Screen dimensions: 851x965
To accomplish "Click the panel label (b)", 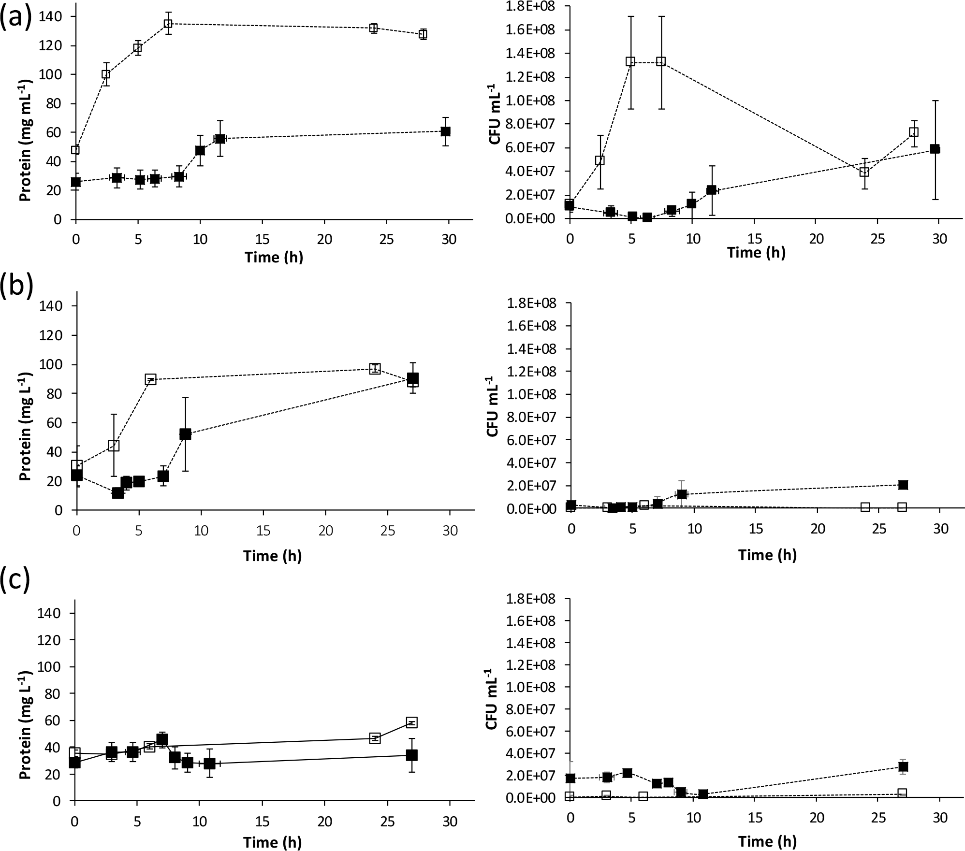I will [16, 285].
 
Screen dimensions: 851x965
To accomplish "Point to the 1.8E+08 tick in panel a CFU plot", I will [529, 6].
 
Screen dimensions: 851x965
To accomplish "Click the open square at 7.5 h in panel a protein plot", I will [168, 23].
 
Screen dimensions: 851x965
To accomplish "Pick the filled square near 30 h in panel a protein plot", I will [446, 131].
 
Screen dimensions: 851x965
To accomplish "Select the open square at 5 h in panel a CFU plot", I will [630, 61].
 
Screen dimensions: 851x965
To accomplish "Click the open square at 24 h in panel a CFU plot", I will [864, 172].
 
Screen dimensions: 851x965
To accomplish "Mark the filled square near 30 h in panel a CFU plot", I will [935, 149].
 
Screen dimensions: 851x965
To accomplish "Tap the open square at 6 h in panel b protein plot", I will [151, 379].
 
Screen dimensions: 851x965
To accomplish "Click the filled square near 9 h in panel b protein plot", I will [185, 434].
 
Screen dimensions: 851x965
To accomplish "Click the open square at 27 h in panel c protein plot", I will [411, 722].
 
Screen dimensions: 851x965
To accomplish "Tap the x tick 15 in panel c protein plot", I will [262, 821].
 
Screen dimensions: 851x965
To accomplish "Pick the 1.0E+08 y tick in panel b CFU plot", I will [529, 394].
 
